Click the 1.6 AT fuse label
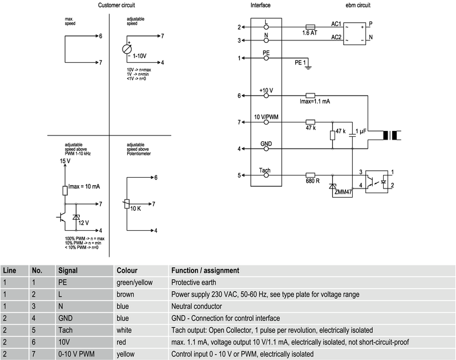point(310,33)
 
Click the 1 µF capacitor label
point(361,133)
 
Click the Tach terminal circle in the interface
point(266,175)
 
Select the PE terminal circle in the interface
point(266,58)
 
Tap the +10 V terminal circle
point(266,96)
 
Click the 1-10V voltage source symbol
point(127,49)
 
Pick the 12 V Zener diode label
point(83,222)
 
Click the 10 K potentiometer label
point(136,209)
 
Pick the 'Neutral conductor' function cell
point(197,306)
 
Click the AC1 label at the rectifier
point(336,24)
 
